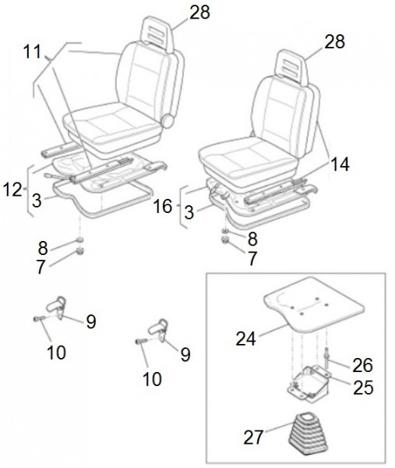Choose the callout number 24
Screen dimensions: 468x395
click(247, 339)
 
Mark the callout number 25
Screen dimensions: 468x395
click(362, 387)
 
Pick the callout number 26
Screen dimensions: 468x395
click(362, 364)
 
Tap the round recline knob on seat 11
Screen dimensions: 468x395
click(167, 122)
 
